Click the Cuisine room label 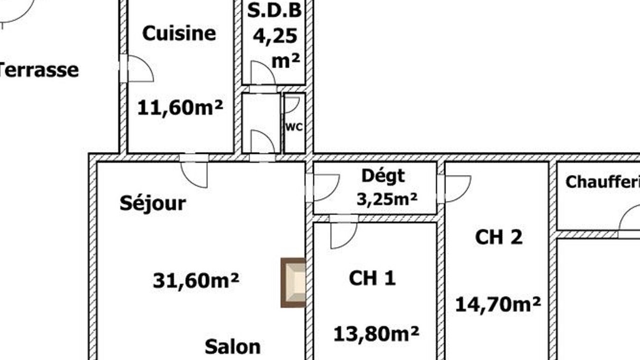click(179, 33)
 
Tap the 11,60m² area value click(180, 107)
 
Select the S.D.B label click(274, 10)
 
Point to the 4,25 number click(275, 36)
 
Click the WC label click(294, 127)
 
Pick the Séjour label click(153, 203)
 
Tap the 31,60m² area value click(196, 280)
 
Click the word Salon click(232, 346)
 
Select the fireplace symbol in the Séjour click(293, 282)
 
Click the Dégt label click(383, 176)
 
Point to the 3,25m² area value click(387, 199)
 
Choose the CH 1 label click(372, 277)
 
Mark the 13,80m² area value click(376, 333)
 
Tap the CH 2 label click(499, 237)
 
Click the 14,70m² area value click(497, 304)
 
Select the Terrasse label click(38, 70)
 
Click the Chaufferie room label click(603, 181)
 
